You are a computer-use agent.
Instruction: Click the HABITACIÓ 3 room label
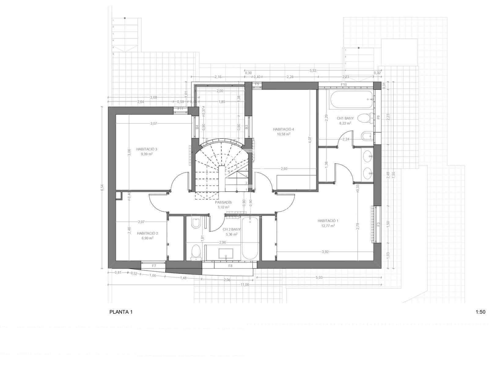point(147,149)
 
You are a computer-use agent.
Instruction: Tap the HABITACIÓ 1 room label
point(328,221)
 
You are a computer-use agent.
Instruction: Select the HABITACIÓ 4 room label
point(283,129)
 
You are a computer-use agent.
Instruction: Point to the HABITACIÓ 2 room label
point(147,233)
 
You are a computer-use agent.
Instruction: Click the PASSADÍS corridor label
point(223,202)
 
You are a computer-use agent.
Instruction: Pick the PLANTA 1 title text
point(121,312)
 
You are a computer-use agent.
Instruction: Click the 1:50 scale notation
point(480,312)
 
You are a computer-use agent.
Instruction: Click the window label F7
point(154,266)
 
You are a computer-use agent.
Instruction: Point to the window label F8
point(230,266)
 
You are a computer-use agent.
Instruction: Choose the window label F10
point(344,84)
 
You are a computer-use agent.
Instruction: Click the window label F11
point(180,109)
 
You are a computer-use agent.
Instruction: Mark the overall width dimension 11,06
point(245,284)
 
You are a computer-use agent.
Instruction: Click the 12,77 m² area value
point(328,226)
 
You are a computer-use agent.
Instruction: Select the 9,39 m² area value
point(147,154)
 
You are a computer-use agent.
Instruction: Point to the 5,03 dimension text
point(318,277)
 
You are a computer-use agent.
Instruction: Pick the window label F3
point(378,224)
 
